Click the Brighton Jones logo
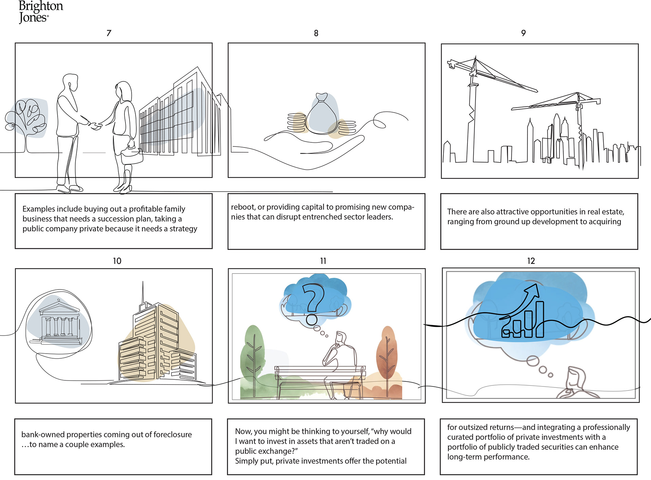[x=41, y=12]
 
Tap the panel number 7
[x=109, y=33]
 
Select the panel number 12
[x=531, y=261]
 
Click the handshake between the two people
[x=96, y=125]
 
